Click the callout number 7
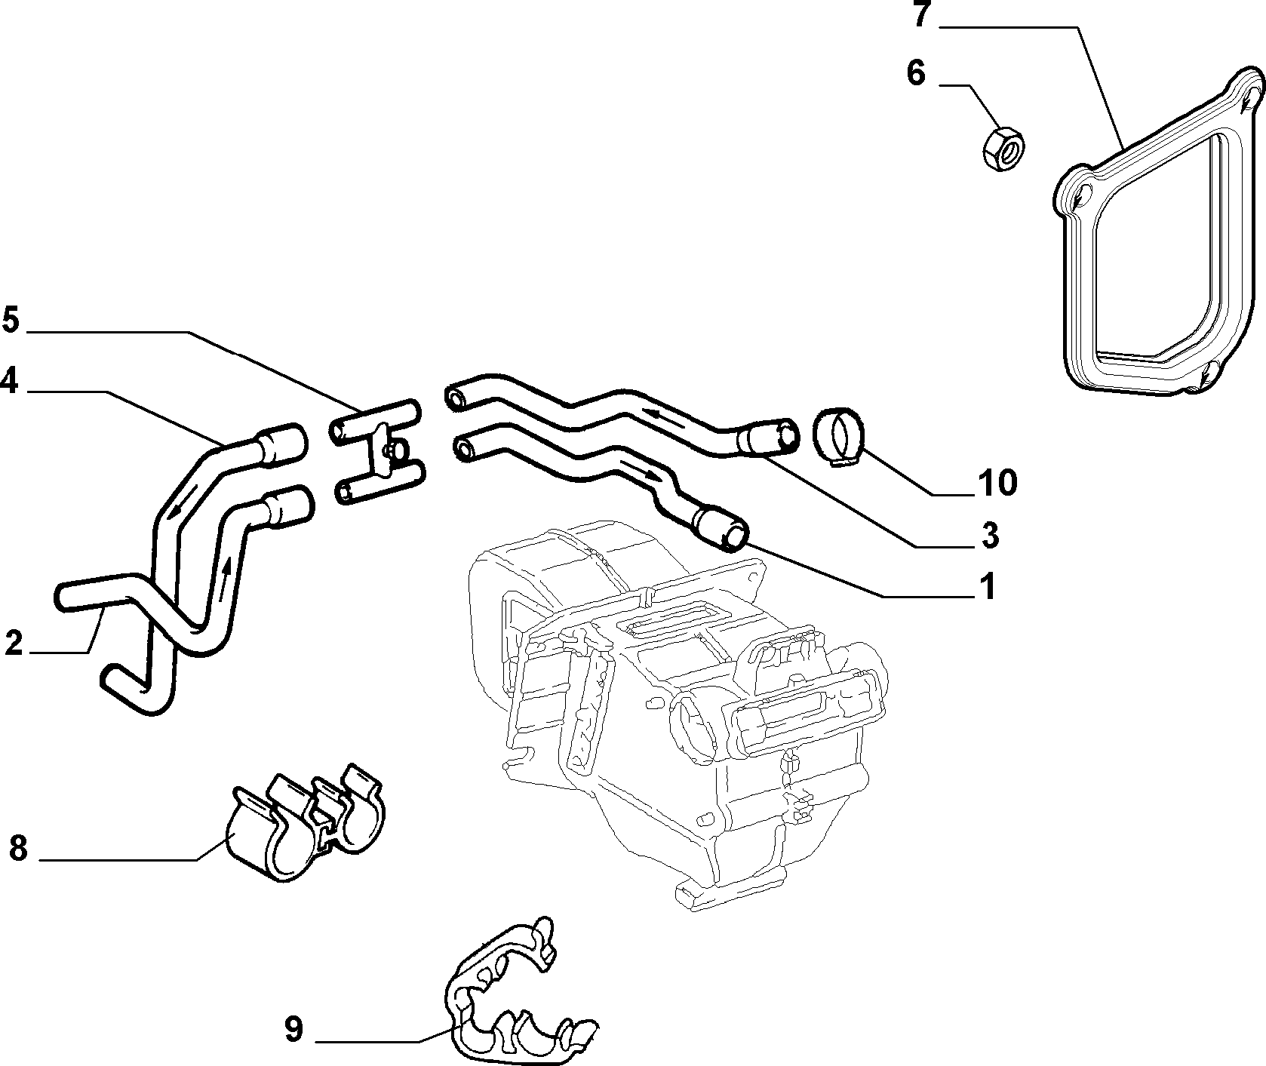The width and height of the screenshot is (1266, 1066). click(x=920, y=14)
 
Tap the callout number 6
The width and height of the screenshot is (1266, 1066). click(x=915, y=74)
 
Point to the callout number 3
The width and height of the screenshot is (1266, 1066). click(x=991, y=535)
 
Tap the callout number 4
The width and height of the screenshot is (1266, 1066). click(x=9, y=380)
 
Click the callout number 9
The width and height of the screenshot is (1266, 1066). click(x=293, y=1028)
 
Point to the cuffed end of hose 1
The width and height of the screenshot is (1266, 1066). click(x=721, y=528)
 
